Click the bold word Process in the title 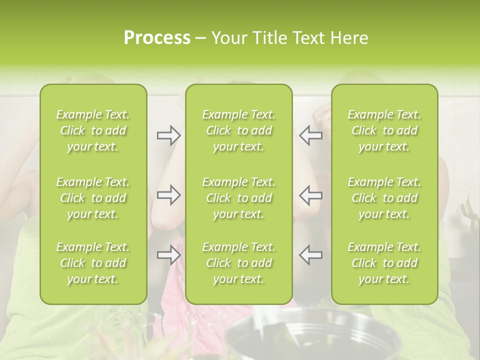157,38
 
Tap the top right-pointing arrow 168,135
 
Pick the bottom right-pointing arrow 168,255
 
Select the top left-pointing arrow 310,135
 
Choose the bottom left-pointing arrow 310,255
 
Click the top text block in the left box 93,130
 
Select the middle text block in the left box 93,198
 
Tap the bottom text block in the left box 93,263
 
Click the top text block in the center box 239,130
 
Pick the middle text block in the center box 239,198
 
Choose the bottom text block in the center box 239,263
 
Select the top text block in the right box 384,130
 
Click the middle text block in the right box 384,198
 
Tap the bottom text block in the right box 384,263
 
